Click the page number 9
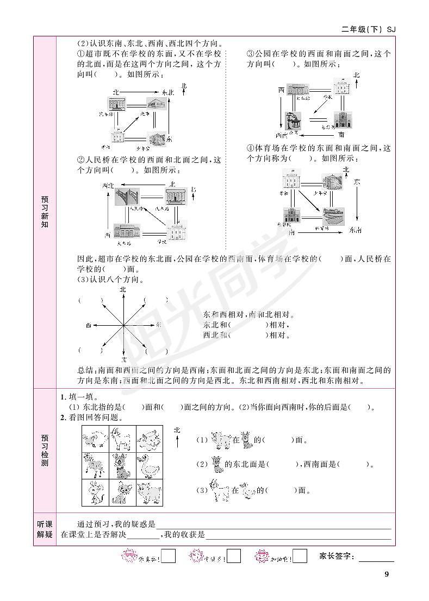[x=386, y=574]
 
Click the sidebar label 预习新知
[x=45, y=212]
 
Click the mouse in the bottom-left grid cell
[x=96, y=492]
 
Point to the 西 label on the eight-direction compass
[x=88, y=325]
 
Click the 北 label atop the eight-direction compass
[x=123, y=290]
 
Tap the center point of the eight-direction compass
[x=123, y=325]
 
